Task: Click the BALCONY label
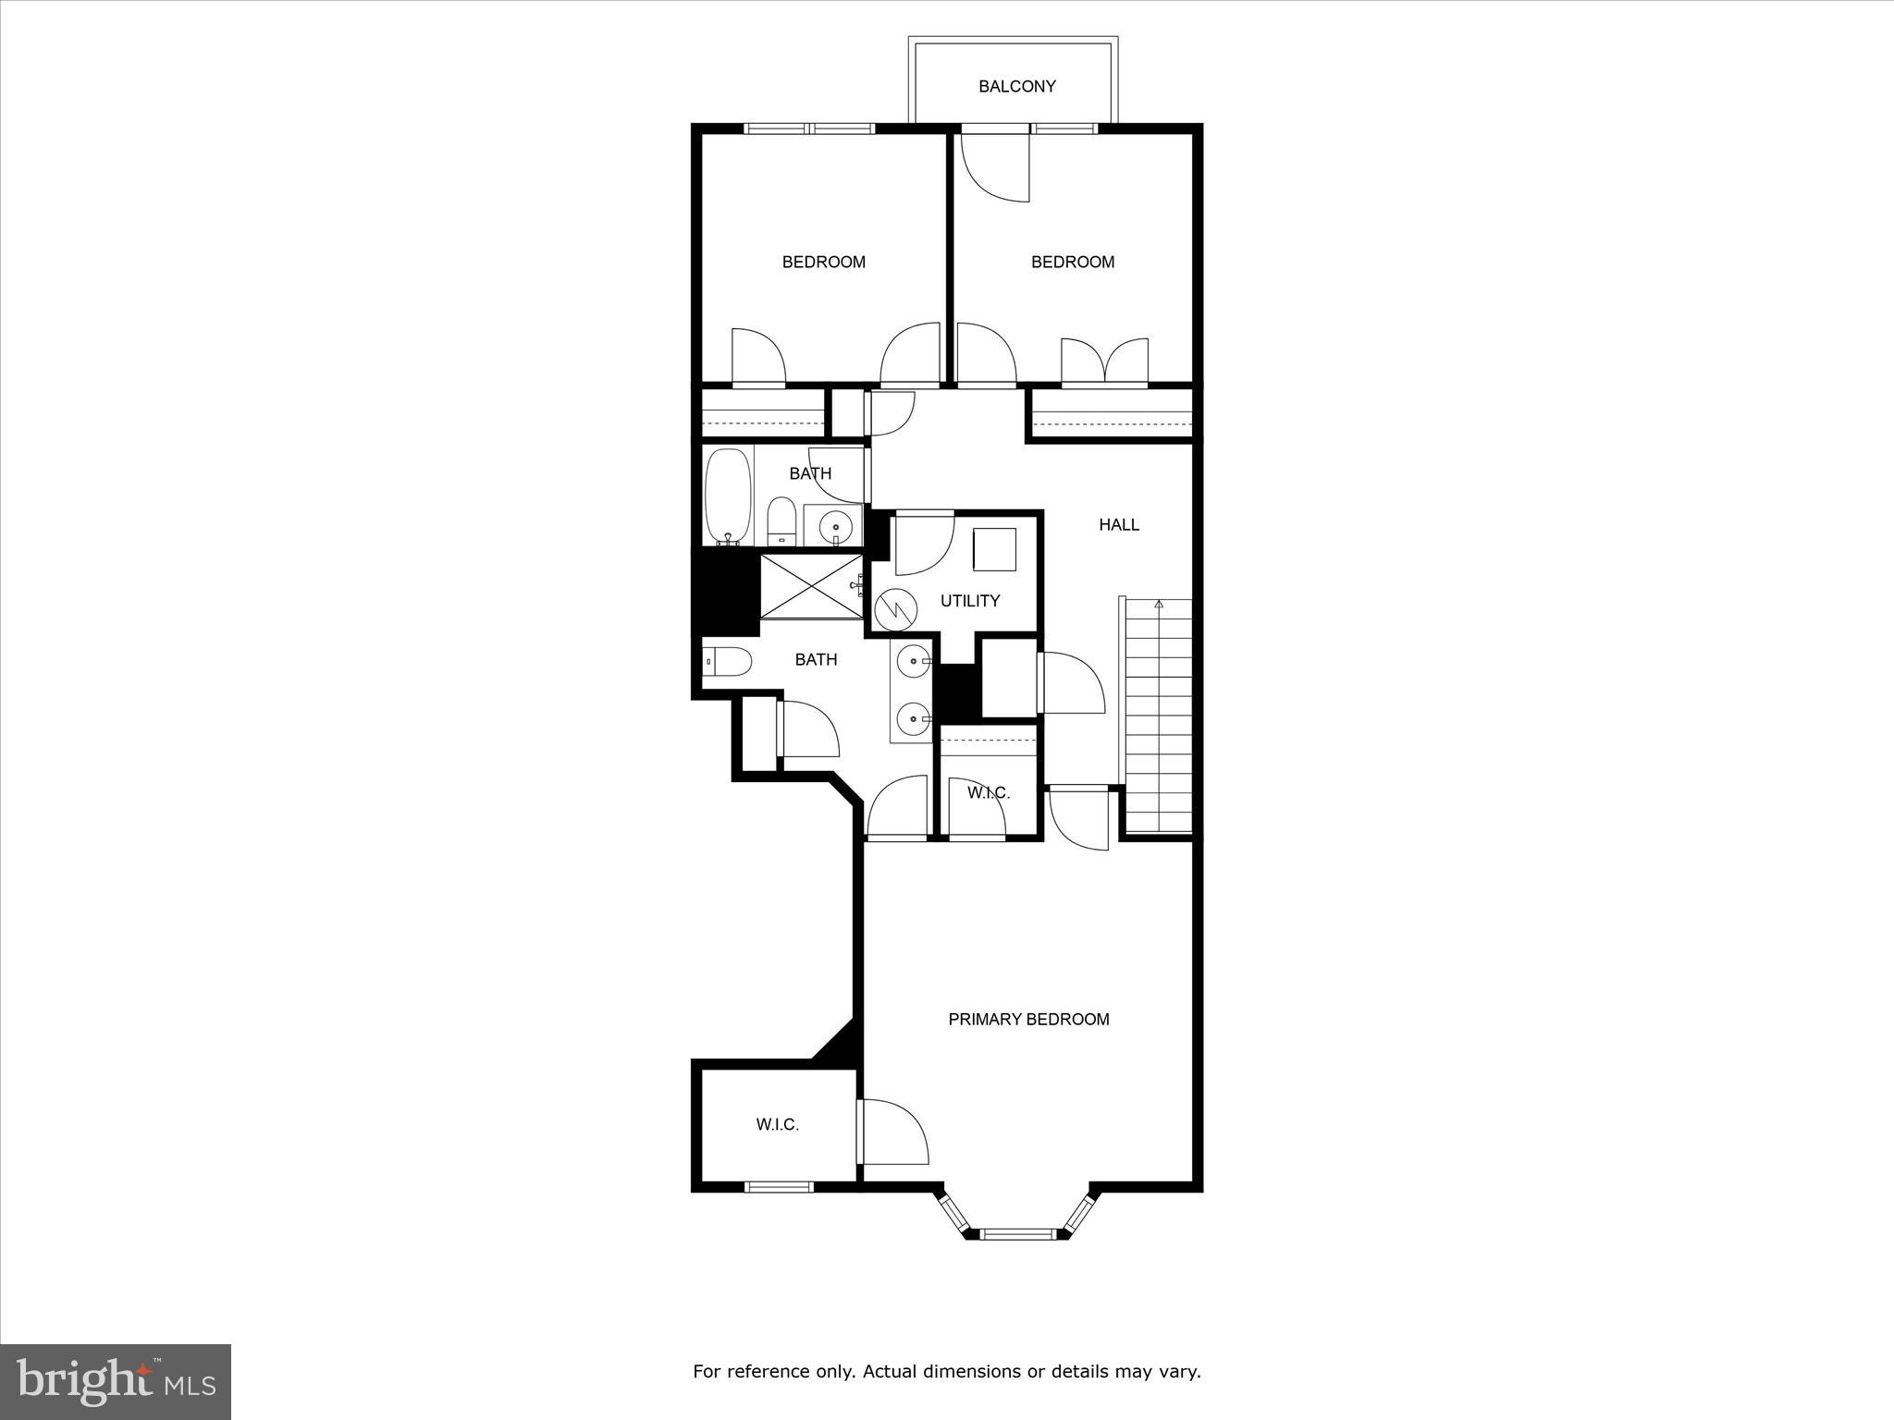coord(1016,86)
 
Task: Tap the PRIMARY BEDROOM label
coord(1028,1019)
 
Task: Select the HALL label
coord(1118,524)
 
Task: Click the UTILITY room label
coord(969,601)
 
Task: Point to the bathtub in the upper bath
coord(728,496)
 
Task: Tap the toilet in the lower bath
coord(728,661)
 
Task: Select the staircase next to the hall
coord(1158,716)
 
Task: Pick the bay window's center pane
coord(1016,1232)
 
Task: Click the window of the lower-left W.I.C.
coord(779,1187)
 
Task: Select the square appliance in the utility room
coord(994,549)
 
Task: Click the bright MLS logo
coord(116,1381)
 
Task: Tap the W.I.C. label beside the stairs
coord(988,792)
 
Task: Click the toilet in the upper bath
coord(781,520)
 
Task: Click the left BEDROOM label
coord(823,262)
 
